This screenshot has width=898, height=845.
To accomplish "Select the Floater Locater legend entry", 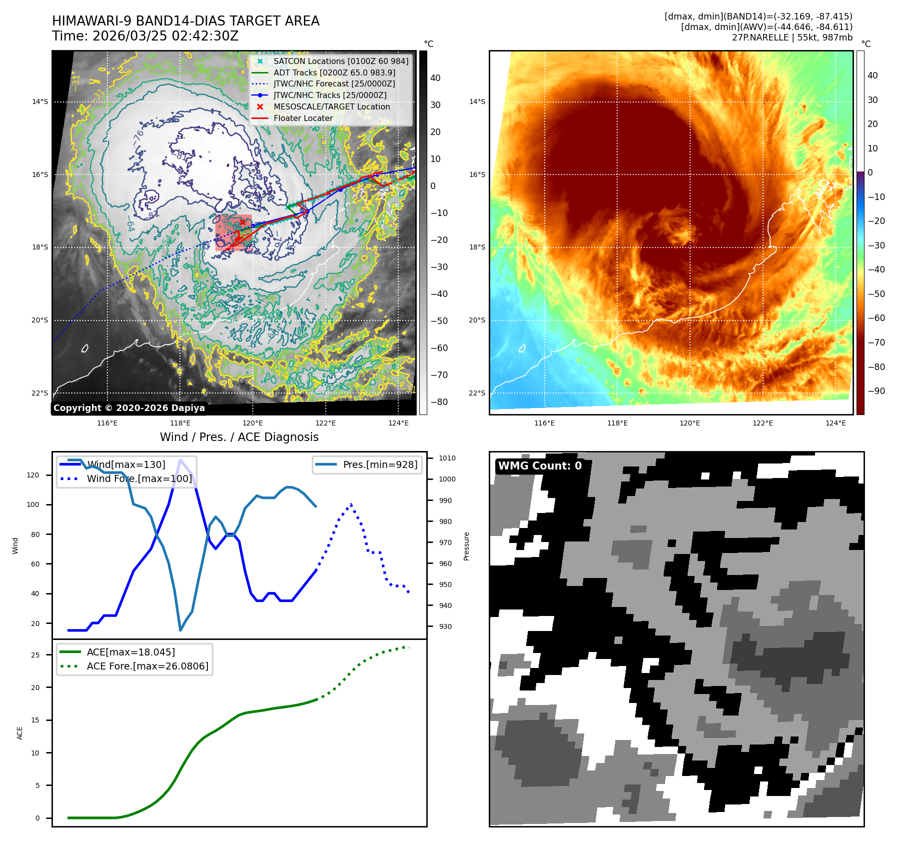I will (303, 118).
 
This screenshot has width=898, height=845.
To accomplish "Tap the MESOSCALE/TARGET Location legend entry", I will (331, 106).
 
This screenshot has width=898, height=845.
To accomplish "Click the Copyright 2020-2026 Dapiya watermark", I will (129, 408).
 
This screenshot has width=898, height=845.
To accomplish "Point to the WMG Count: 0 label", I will (540, 466).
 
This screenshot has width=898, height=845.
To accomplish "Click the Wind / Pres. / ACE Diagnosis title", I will (239, 437).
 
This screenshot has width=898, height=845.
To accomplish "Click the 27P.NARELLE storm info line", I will (792, 37).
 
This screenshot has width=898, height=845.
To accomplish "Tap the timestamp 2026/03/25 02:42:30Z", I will (165, 36).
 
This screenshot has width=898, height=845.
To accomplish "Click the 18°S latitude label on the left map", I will (40, 247).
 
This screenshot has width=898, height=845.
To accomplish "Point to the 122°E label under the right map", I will (763, 423).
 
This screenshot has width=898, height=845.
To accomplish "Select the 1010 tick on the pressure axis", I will (447, 458).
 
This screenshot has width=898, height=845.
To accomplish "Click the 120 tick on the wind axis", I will (33, 475).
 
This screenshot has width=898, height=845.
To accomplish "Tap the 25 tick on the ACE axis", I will (35, 655).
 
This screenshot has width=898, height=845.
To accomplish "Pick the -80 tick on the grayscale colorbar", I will (439, 402).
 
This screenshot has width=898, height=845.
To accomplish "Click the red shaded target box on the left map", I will (233, 232).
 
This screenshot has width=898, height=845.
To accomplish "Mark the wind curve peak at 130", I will (180, 459).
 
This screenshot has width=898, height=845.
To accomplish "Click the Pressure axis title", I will (466, 546).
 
